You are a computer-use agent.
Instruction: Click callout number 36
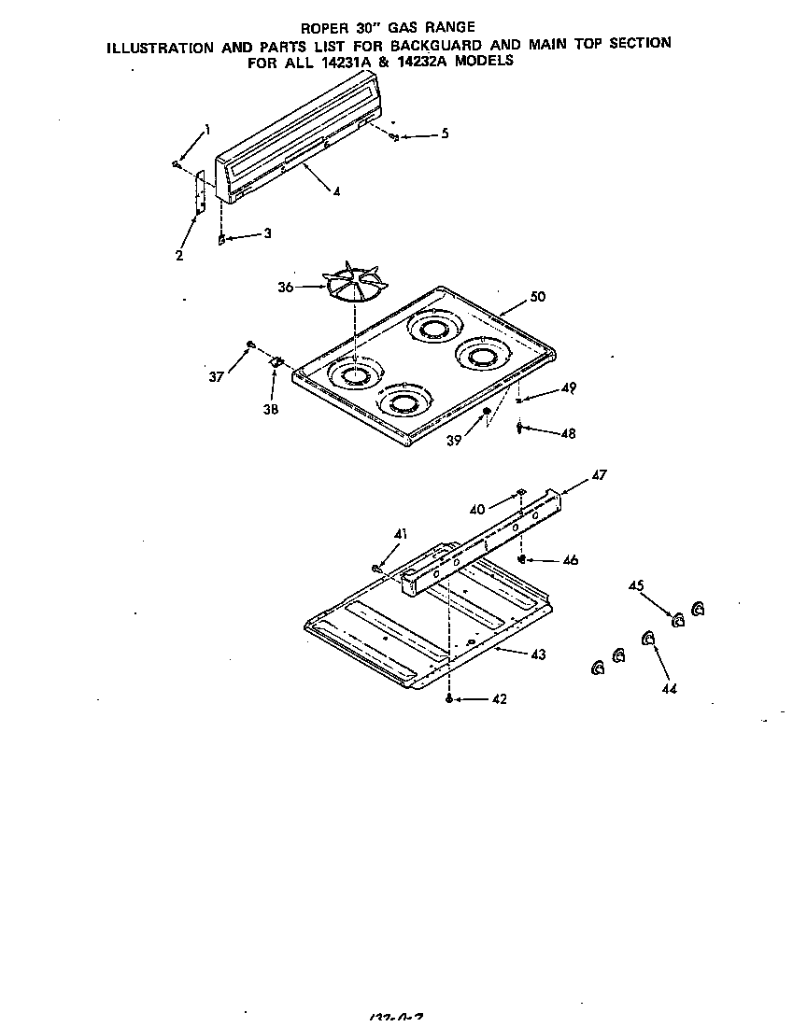(x=286, y=288)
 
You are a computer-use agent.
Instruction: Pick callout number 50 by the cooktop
(x=537, y=297)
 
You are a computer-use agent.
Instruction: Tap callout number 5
(x=444, y=134)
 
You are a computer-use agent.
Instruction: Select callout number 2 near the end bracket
(x=178, y=254)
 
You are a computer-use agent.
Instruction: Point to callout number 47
(x=599, y=475)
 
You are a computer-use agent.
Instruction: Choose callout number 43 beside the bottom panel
(x=537, y=654)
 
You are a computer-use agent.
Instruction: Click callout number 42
(x=499, y=699)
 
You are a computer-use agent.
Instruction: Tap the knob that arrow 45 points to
(x=678, y=619)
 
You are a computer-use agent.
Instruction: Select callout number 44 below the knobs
(x=670, y=688)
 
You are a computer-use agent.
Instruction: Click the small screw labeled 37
(x=250, y=345)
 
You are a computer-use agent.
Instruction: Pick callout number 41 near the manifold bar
(x=401, y=533)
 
